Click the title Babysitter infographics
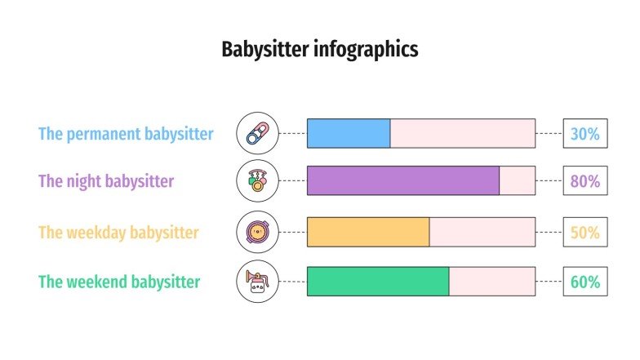point(320,50)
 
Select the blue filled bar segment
point(349,133)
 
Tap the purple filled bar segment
point(402,180)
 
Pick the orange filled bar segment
point(368,232)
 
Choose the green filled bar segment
point(378,282)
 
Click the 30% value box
point(584,133)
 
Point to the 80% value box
point(584,180)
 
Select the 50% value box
point(584,232)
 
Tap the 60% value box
point(584,282)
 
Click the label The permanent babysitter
point(126,134)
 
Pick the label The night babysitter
point(106,181)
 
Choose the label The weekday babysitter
point(118,233)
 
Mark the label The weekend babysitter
point(119,282)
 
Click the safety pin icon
point(257,133)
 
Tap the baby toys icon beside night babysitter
point(257,180)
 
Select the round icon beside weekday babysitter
point(257,232)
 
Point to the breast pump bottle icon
point(257,282)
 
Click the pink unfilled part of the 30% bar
point(463,133)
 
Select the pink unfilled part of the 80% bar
point(517,180)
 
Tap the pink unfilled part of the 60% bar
point(492,282)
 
